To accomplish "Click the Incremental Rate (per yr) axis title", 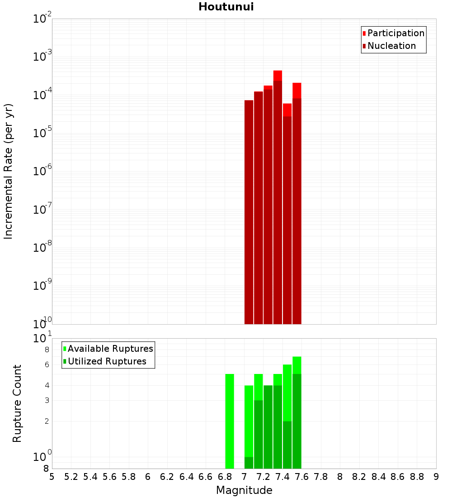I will point(9,171).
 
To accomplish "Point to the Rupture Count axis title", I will point(17,403).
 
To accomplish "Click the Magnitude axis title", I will point(244,490).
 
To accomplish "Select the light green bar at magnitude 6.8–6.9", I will point(230,421).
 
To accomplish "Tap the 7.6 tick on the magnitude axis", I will point(301,477).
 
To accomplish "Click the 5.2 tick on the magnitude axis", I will point(71,477).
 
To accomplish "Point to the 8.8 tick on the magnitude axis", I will point(417,477).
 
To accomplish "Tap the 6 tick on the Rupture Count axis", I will point(47,365).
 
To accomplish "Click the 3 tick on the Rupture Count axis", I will point(47,401).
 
